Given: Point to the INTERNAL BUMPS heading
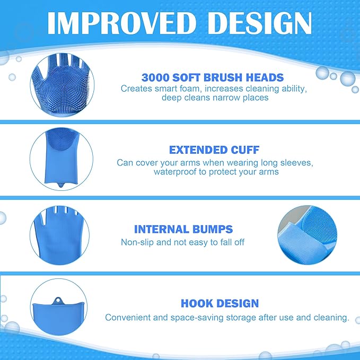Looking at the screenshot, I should point(183,230).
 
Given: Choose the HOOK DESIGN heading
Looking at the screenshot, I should point(220,304).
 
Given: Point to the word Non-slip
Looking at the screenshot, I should point(138,242).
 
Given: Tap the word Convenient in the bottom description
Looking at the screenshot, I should point(130,318).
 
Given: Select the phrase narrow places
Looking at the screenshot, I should point(242,98).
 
